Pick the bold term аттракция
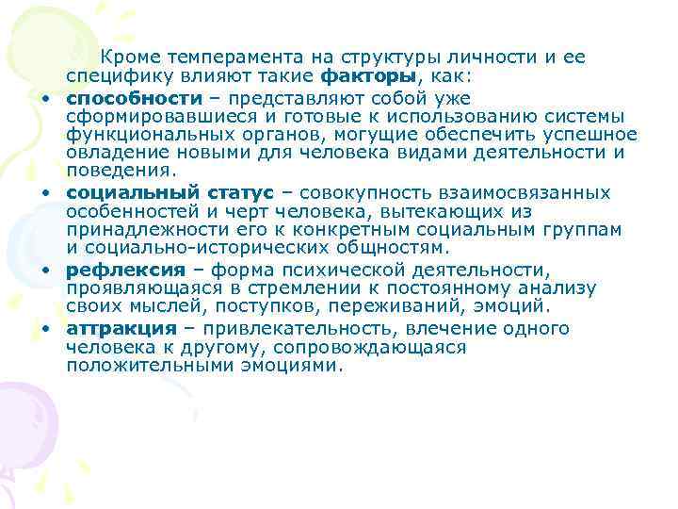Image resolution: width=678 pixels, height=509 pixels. (x=121, y=328)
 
